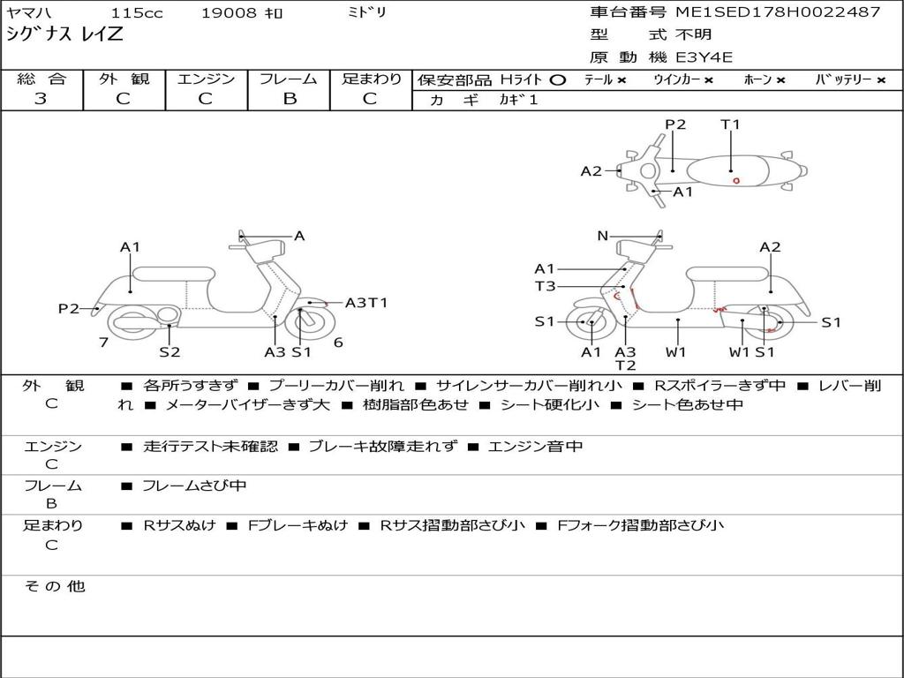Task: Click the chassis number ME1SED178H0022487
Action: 778,12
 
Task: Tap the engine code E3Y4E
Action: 704,57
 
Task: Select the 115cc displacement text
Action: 134,13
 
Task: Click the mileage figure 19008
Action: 229,13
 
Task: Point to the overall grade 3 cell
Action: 41,99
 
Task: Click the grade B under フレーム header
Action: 289,99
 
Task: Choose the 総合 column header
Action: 41,79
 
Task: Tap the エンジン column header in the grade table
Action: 206,79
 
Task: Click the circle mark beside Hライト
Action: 557,80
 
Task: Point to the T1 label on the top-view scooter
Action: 730,124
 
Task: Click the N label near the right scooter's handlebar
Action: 603,236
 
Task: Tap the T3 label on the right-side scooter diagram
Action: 545,286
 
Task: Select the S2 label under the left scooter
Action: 169,352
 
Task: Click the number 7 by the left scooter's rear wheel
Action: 103,343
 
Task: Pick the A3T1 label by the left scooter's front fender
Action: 365,303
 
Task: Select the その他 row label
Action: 54,586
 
